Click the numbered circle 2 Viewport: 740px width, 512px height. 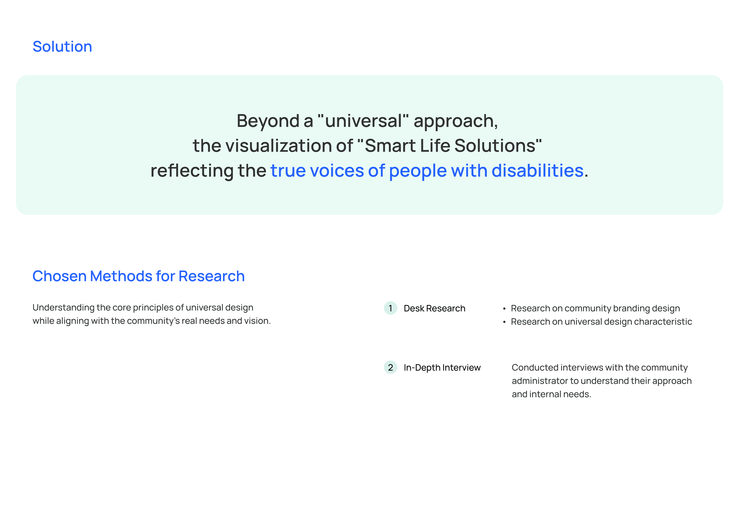point(390,367)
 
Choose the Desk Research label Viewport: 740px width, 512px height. point(434,308)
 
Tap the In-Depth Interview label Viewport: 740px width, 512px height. point(442,368)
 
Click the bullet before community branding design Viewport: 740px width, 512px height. point(504,309)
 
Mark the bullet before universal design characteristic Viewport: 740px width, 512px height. point(504,322)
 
